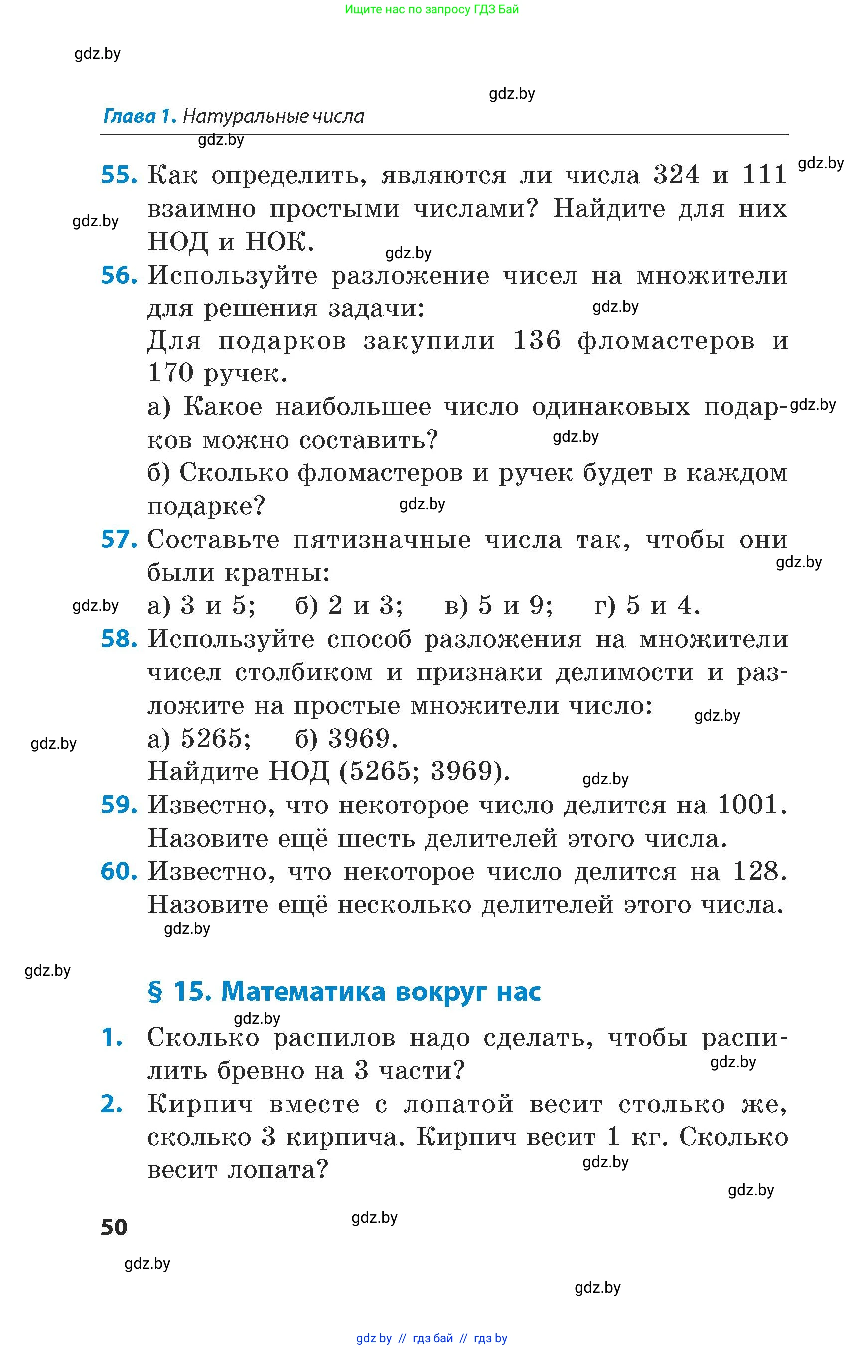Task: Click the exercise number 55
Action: tap(119, 175)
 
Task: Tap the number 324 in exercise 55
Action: tap(676, 175)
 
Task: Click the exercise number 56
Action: tap(119, 275)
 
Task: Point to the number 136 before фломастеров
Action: tap(537, 340)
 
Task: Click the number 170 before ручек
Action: tap(170, 373)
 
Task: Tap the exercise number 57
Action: tap(119, 539)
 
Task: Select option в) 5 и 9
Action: tap(498, 605)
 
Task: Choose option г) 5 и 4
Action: tap(647, 605)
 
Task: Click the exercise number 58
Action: tap(119, 639)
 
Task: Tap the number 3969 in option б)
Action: tap(363, 738)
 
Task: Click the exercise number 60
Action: tap(119, 872)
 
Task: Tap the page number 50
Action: tap(114, 1227)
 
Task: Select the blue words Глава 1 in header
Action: tap(140, 116)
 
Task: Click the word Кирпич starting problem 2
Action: tap(200, 1104)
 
